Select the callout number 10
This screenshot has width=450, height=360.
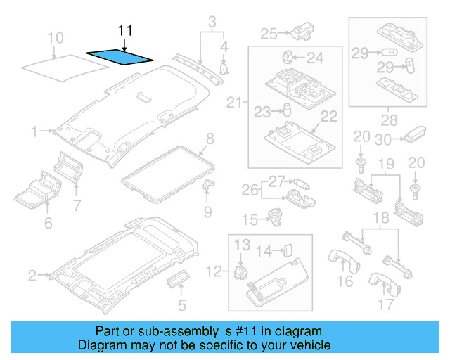[x=55, y=37]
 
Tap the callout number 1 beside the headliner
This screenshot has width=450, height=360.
[x=34, y=131]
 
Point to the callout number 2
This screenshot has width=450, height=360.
[x=32, y=276]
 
